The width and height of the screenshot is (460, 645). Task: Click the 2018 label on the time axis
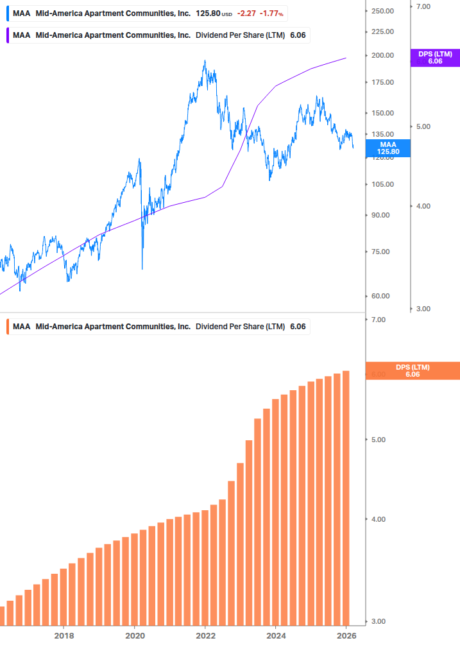(x=64, y=635)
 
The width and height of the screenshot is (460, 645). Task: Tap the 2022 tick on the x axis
(x=205, y=635)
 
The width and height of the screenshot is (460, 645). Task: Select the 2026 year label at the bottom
(x=346, y=635)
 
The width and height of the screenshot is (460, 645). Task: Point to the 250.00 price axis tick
(x=382, y=11)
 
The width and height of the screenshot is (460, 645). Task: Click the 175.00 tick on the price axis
(x=382, y=82)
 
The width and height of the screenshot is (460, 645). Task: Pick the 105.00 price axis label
(x=382, y=184)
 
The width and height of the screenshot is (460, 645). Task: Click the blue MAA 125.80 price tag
(x=389, y=148)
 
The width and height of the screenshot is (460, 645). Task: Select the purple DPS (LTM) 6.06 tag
(x=434, y=58)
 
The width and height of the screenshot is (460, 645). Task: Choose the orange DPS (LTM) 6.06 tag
(x=412, y=371)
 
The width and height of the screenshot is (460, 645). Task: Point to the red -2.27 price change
(x=246, y=13)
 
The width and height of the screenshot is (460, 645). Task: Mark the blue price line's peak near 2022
(x=205, y=61)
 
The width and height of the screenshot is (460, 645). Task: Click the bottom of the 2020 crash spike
(x=142, y=269)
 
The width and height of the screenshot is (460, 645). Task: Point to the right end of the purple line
(x=346, y=58)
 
